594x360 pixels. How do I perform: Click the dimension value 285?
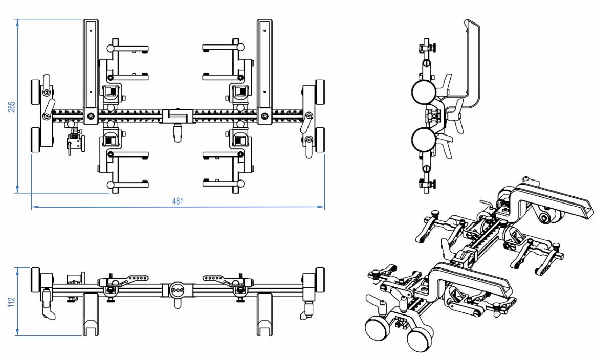click(x=11, y=106)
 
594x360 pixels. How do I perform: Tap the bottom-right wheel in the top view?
click(x=321, y=139)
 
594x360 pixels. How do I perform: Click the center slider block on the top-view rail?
click(x=177, y=116)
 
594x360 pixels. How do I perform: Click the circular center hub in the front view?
click(x=178, y=290)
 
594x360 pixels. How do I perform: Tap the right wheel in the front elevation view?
click(x=320, y=279)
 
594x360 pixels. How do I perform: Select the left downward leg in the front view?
click(x=90, y=314)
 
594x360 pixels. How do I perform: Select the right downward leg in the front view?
click(x=265, y=314)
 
